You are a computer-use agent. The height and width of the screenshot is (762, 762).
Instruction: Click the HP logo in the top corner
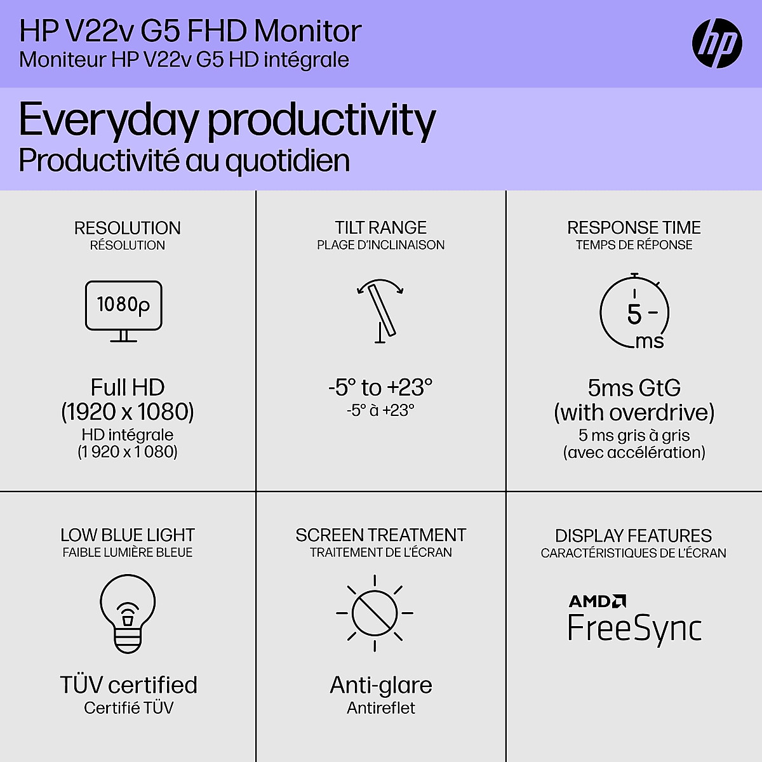(717, 43)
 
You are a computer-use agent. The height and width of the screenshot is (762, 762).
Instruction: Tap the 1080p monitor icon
(124, 311)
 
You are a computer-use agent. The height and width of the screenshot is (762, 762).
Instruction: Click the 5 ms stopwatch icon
(634, 312)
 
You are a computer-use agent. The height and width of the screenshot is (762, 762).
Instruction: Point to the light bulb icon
(128, 613)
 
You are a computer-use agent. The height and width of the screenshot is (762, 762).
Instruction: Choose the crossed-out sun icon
(375, 613)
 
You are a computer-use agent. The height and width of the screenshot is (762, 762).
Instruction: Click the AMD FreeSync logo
(634, 620)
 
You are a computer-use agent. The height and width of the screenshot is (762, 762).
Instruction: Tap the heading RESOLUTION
(127, 228)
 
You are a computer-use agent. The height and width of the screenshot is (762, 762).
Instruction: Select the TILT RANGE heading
(381, 227)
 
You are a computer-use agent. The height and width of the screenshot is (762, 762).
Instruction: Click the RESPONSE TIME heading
(634, 227)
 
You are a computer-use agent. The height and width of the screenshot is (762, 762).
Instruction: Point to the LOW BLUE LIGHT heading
(127, 535)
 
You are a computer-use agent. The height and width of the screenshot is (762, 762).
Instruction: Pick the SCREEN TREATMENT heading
(381, 535)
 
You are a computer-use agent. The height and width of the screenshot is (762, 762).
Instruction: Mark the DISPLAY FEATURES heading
(633, 535)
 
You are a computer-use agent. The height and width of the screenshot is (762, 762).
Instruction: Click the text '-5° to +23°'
(380, 387)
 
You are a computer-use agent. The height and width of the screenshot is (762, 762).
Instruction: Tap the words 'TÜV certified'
(128, 685)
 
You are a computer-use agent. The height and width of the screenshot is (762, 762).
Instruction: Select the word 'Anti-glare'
(381, 685)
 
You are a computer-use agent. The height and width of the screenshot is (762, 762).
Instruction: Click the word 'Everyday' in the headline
(108, 121)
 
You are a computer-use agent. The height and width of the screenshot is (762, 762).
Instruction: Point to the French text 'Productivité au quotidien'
(184, 161)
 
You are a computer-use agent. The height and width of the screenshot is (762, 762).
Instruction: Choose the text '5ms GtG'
(634, 387)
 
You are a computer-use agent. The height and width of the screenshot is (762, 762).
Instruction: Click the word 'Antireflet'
(381, 708)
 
